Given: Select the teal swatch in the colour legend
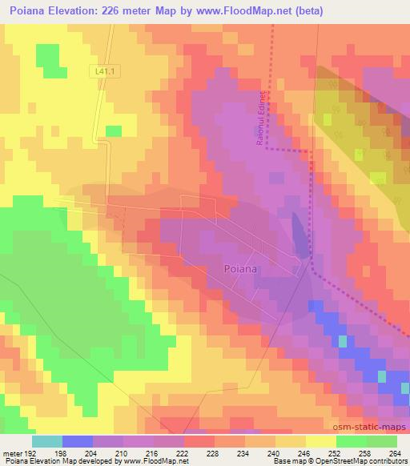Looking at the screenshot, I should (47, 440).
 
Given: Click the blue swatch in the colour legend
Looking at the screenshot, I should (78, 440).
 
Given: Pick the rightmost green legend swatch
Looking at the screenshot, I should (382, 440).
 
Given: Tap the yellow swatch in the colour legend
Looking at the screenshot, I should (321, 440).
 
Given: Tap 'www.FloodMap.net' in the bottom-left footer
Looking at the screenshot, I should (155, 461).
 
